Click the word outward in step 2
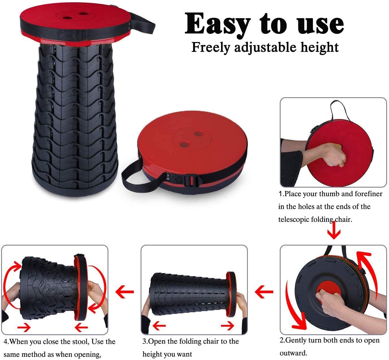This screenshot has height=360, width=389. pos(293,353)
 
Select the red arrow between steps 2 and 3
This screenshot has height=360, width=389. pos(264,292)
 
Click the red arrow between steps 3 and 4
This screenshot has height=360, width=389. pos(124,292)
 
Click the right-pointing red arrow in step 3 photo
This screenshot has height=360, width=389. pos(228,326)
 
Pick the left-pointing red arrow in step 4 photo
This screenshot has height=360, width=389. pos(81,327)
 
